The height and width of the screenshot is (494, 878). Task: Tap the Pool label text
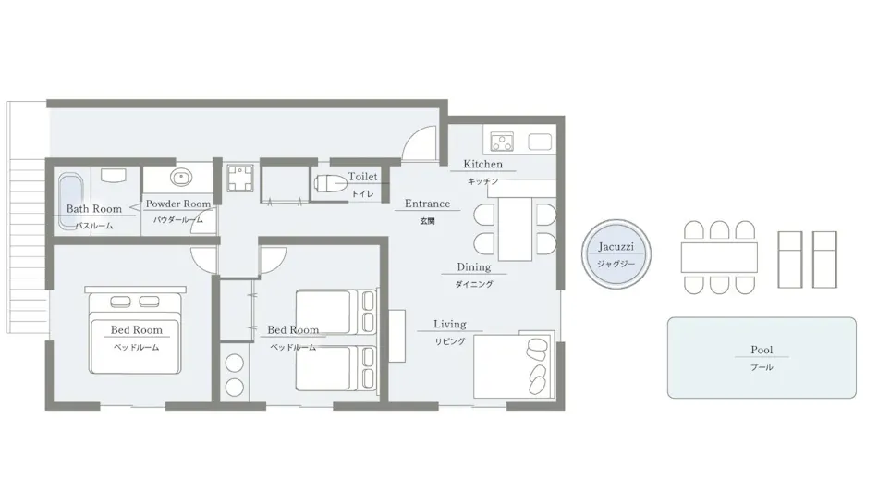762,350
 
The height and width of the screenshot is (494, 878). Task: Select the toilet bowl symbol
330,183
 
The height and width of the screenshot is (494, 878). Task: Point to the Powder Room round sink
181,178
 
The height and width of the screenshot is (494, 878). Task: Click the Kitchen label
482,165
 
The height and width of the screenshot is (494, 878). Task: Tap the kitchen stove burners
502,142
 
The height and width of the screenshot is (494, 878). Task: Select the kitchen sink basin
540,142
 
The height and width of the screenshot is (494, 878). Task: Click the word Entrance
427,204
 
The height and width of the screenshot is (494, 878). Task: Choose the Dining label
474,267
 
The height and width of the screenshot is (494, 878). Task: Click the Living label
450,324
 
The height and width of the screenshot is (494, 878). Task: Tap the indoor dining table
515,228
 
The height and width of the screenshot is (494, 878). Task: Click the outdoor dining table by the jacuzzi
719,257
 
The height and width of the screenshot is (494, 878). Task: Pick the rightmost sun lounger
824,260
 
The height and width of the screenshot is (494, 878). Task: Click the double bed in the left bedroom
135,333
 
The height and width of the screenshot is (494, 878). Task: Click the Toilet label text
362,177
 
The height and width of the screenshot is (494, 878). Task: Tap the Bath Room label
94,209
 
